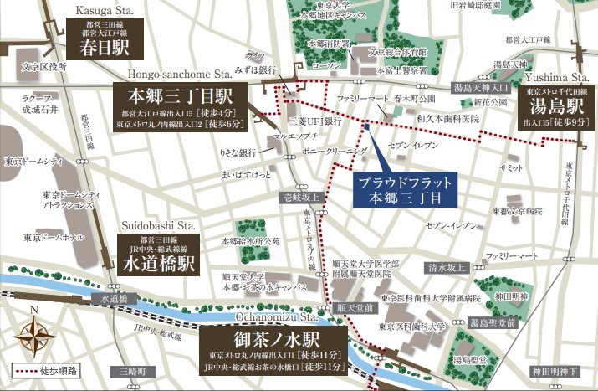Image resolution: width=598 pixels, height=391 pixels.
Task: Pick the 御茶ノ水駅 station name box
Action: click(273, 347)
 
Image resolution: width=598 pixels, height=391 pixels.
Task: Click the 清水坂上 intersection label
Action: click(445, 268)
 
